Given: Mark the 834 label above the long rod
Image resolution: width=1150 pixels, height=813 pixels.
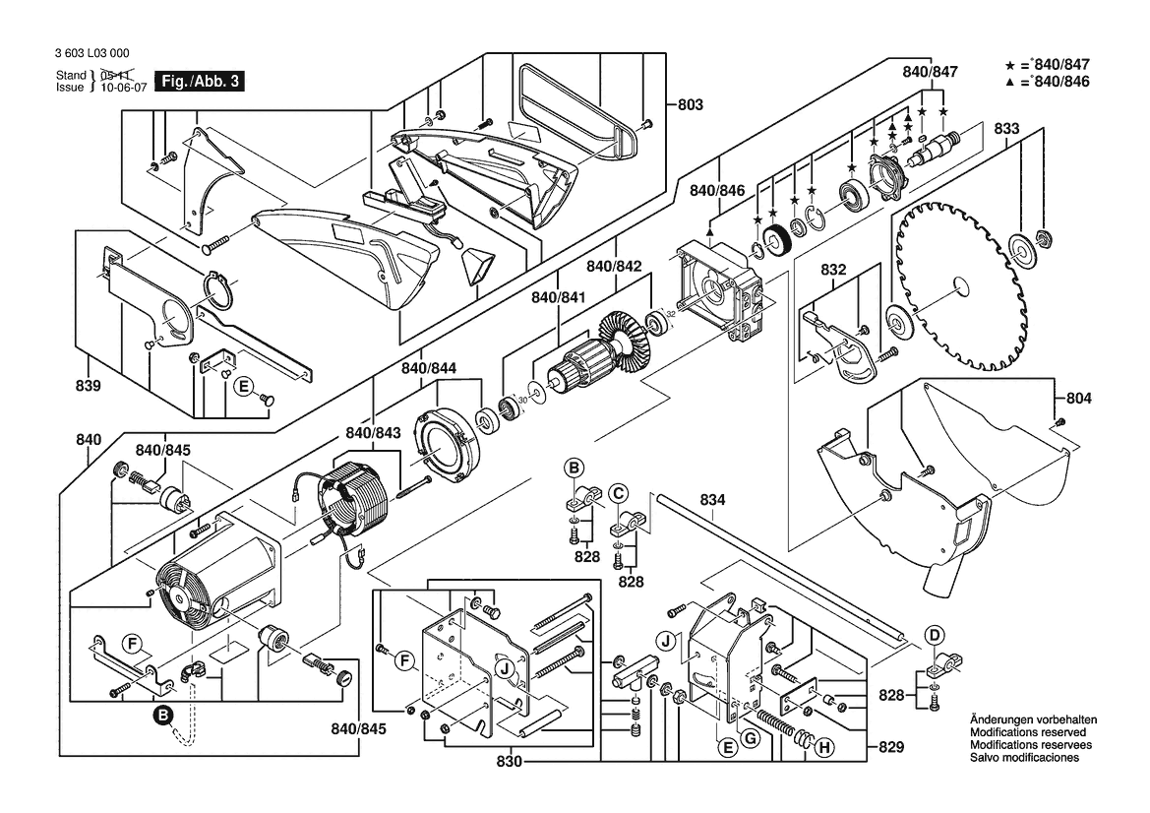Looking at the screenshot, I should [x=713, y=501].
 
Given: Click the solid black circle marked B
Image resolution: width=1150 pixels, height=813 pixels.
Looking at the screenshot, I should [x=164, y=716].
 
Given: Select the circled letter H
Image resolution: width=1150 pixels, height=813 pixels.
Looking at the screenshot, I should [x=824, y=748].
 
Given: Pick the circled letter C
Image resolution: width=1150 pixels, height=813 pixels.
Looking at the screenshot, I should [x=618, y=492].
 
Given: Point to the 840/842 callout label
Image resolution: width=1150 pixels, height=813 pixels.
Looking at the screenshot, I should [x=614, y=266].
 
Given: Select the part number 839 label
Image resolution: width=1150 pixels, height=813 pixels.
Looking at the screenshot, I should [x=88, y=387].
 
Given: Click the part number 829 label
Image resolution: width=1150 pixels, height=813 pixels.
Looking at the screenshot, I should [x=890, y=748].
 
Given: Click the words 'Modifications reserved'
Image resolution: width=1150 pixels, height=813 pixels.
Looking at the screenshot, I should [x=1027, y=733].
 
